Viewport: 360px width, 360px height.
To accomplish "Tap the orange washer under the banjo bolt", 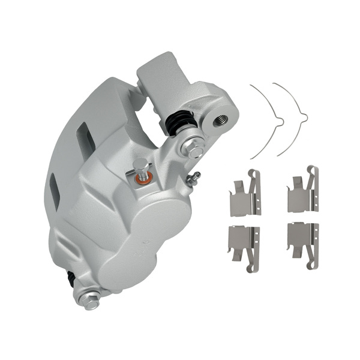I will tap(142, 178).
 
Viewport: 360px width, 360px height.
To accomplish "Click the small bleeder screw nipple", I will tap(194, 177).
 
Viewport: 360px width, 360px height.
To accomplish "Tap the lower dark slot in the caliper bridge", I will tap(55, 191).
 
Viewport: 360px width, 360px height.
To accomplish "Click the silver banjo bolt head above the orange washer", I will tap(140, 166).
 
